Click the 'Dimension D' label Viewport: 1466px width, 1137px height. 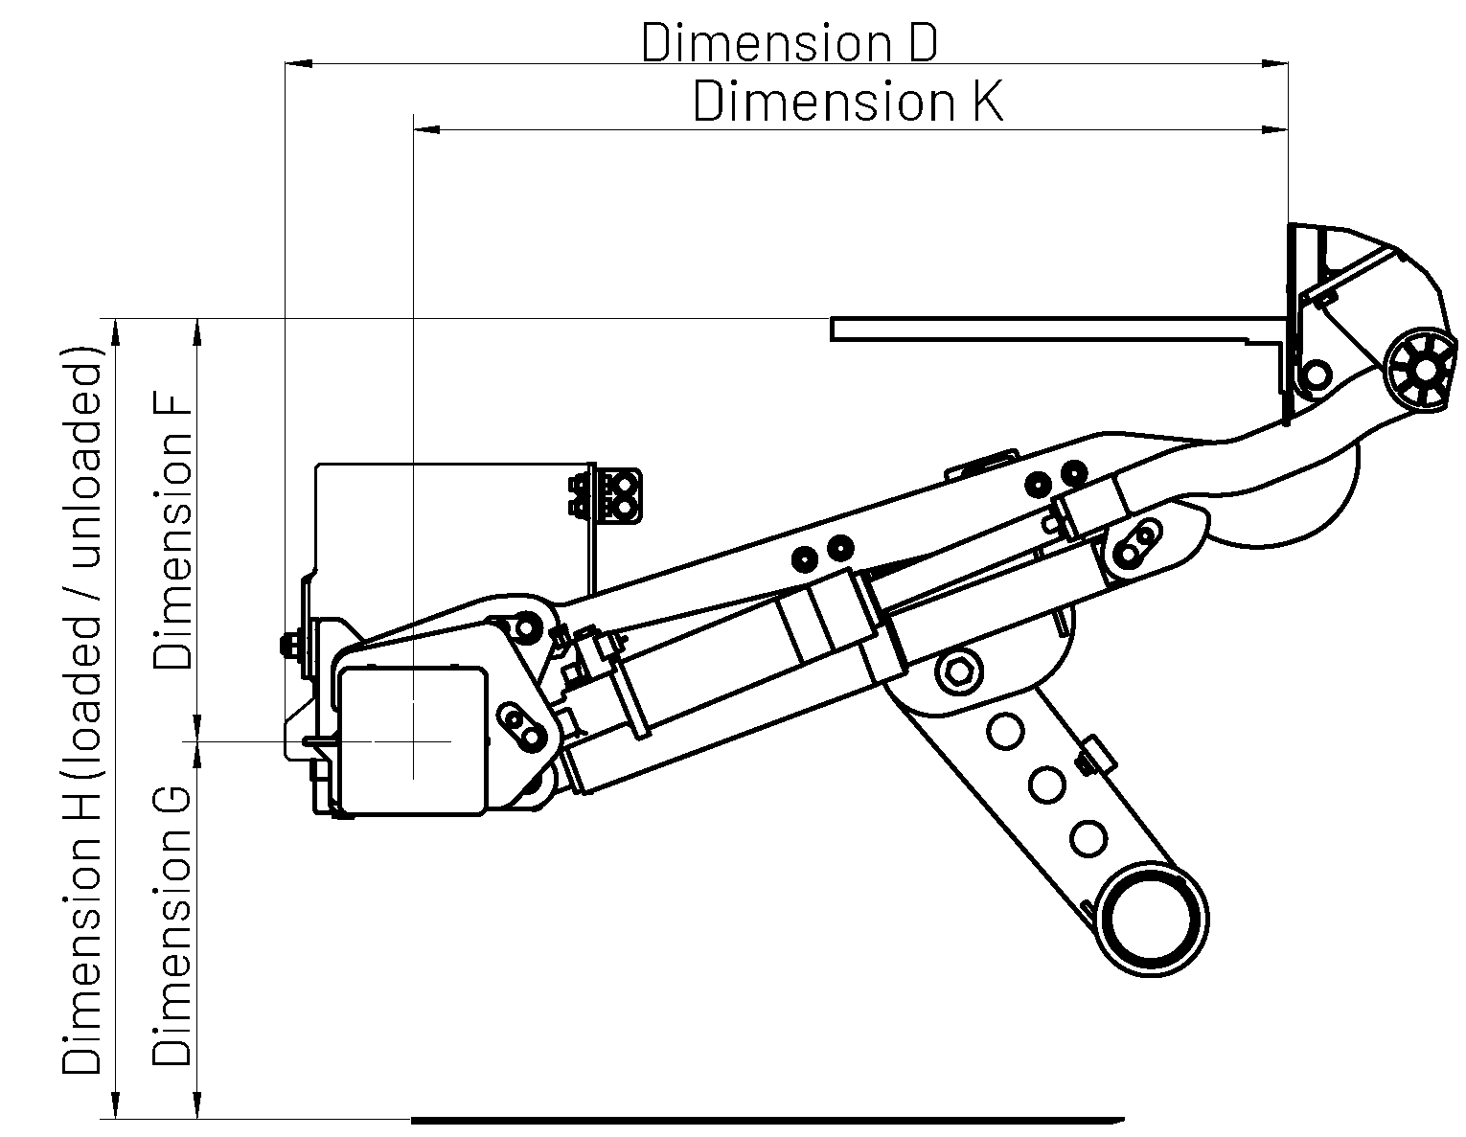coord(790,42)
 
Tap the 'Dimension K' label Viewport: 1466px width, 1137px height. coord(848,102)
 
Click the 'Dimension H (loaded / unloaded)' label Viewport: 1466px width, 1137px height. coord(81,712)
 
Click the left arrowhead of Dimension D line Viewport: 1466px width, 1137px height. coord(299,64)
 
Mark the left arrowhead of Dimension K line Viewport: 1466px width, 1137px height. coord(427,128)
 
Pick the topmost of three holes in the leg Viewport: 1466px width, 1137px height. coord(1005,731)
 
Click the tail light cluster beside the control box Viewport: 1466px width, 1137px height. coord(606,495)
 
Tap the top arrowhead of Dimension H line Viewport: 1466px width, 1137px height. coord(116,331)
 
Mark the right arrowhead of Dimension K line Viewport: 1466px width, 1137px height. coord(1274,128)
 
